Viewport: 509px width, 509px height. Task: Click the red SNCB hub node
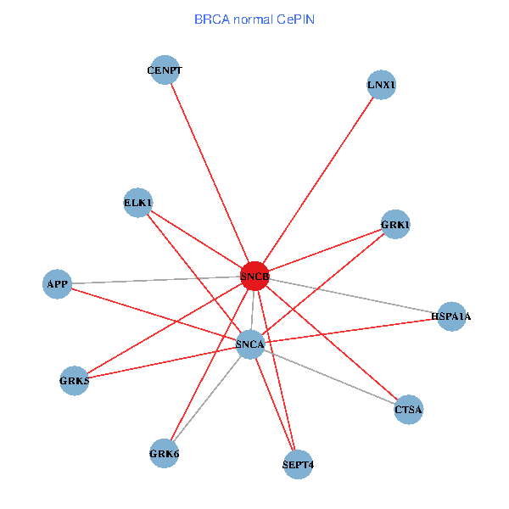click(x=255, y=277)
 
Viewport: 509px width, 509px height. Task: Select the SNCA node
click(x=250, y=344)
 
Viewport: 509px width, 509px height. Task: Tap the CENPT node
click(x=164, y=70)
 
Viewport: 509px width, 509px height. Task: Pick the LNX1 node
click(x=382, y=85)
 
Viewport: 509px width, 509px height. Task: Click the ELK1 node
click(x=137, y=203)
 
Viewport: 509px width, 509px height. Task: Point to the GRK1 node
click(x=395, y=225)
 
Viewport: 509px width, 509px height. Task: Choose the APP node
click(x=57, y=283)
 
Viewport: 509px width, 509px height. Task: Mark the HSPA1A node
click(x=450, y=316)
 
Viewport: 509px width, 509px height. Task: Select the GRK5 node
click(x=74, y=381)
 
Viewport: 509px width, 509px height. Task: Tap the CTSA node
click(x=408, y=410)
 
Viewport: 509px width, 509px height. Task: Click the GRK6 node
click(x=164, y=453)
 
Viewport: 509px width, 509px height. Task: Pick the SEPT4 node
click(x=298, y=464)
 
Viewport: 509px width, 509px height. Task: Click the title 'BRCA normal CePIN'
click(x=254, y=19)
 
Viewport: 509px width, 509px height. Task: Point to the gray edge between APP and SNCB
click(x=153, y=280)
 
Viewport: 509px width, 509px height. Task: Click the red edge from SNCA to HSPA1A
click(x=349, y=330)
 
